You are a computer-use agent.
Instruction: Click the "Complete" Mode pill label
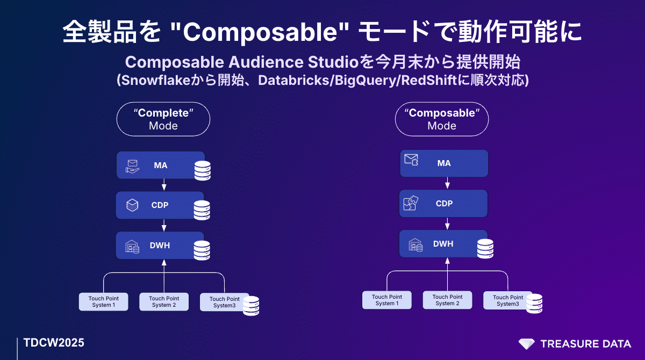[x=163, y=119]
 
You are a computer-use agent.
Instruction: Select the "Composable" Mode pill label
[x=442, y=119]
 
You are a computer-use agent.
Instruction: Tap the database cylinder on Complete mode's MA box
[x=203, y=171]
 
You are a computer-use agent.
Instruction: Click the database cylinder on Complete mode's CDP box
[x=202, y=211]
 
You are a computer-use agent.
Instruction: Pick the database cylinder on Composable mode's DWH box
[x=485, y=249]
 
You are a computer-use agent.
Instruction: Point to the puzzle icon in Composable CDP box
[x=411, y=203]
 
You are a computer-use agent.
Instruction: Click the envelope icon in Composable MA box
[x=411, y=160]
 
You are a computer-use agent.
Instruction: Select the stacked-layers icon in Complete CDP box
[x=132, y=205]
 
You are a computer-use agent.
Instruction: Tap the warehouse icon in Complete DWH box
[x=132, y=247]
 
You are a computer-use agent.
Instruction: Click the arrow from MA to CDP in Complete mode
[x=164, y=184]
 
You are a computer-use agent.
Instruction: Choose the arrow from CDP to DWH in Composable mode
[x=447, y=224]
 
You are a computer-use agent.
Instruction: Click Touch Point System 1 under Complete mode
[x=104, y=301]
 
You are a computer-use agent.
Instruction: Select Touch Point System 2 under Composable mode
[x=447, y=300]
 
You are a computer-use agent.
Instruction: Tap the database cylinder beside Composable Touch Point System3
[x=534, y=304]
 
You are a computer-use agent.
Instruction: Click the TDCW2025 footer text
[x=54, y=343]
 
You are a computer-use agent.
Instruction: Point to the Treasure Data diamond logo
[x=526, y=344]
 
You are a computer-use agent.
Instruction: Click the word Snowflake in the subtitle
[x=156, y=80]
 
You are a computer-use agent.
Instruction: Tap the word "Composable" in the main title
[x=260, y=32]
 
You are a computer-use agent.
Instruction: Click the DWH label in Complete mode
[x=160, y=246]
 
